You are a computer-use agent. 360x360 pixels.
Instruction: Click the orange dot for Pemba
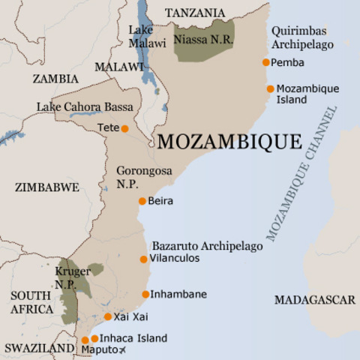(x=265, y=62)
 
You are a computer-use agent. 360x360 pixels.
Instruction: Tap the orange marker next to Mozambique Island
(x=270, y=88)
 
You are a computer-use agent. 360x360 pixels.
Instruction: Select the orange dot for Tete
(x=124, y=128)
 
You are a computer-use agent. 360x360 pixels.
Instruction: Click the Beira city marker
(x=142, y=201)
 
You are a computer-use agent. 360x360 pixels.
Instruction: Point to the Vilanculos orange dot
(x=143, y=259)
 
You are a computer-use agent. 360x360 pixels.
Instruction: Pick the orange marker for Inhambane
(x=145, y=294)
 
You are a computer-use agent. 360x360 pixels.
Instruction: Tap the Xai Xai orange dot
(x=108, y=316)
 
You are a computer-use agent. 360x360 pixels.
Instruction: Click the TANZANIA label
(x=194, y=13)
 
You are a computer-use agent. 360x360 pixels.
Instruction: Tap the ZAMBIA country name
(x=55, y=79)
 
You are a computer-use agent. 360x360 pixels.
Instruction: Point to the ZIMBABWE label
(x=46, y=187)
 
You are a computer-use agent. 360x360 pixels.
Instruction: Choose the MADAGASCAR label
(x=314, y=300)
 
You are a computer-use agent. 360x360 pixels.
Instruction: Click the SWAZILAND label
(x=39, y=348)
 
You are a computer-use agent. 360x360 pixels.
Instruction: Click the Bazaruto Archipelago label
(x=207, y=246)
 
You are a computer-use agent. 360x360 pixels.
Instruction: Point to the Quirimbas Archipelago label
(x=302, y=37)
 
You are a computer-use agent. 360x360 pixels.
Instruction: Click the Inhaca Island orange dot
(x=94, y=339)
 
